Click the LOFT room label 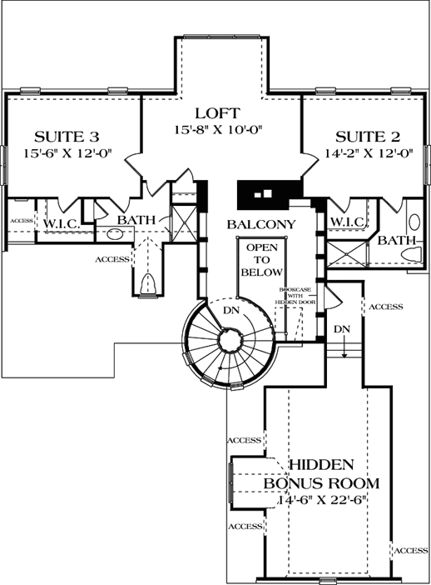[218, 113]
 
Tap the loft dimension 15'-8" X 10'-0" [218, 131]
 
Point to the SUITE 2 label [364, 137]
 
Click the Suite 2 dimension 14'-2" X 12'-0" [364, 153]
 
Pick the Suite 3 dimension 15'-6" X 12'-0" [62, 153]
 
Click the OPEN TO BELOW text [261, 259]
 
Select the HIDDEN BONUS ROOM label [322, 474]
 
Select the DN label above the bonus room [341, 329]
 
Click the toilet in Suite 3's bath [148, 284]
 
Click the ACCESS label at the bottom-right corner [411, 551]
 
